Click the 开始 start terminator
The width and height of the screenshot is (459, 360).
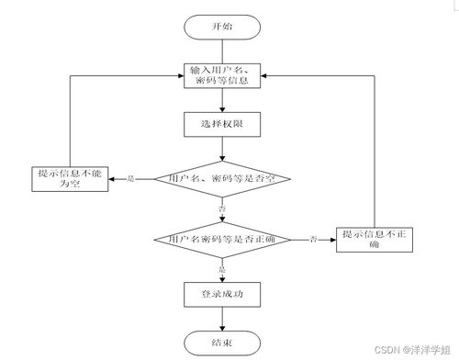tap(221, 27)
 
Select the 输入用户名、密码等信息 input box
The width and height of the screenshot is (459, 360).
tap(221, 76)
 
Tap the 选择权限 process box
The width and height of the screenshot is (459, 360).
tap(221, 123)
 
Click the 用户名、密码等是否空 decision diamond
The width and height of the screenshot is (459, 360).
tap(222, 178)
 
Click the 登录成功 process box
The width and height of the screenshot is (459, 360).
tap(221, 294)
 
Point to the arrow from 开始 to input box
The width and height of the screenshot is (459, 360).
tap(221, 51)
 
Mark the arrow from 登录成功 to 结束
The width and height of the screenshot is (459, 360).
tap(221, 318)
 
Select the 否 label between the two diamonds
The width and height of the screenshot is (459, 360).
tap(222, 209)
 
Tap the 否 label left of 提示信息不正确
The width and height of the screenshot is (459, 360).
tap(315, 240)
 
